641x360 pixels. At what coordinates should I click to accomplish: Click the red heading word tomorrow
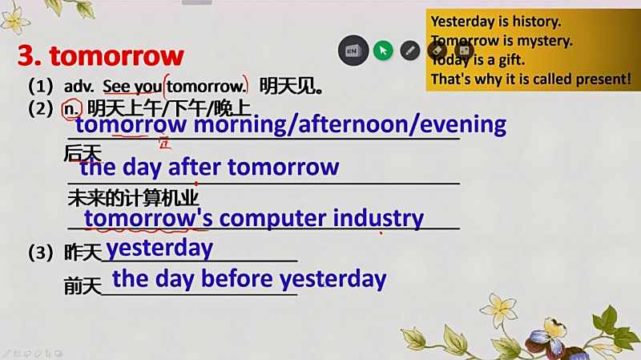(x=116, y=56)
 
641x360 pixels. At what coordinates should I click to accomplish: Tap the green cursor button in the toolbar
(x=383, y=51)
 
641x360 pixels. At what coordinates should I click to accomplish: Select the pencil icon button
(x=409, y=51)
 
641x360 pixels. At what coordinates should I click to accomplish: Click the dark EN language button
(x=353, y=51)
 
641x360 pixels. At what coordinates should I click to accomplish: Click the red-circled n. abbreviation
(x=71, y=109)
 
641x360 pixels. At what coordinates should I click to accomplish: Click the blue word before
(x=237, y=279)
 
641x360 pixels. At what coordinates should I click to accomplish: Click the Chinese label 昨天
(x=83, y=253)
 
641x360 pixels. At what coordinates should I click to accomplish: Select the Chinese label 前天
(x=83, y=286)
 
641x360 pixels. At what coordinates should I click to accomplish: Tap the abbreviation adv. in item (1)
(x=79, y=87)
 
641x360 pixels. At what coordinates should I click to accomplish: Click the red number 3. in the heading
(x=30, y=55)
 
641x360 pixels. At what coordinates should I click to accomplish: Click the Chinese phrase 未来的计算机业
(x=133, y=198)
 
